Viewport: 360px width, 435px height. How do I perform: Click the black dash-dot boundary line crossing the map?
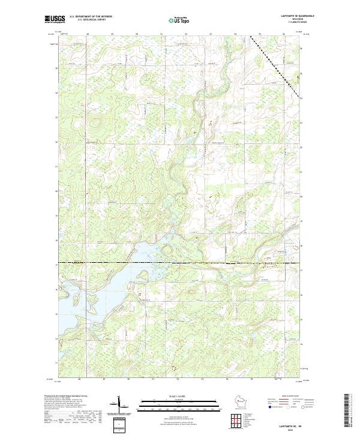(180, 263)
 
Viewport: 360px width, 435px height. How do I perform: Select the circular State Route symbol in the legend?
(304, 410)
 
